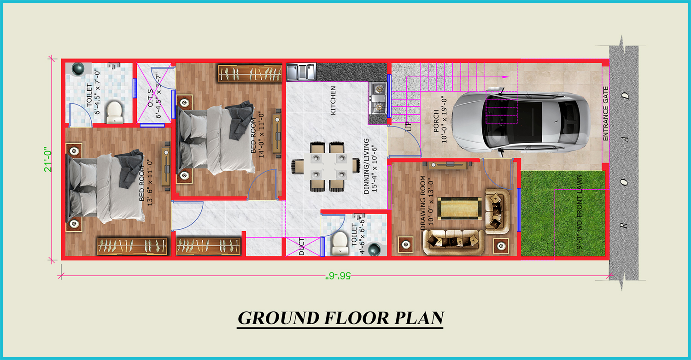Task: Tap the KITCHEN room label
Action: pyautogui.click(x=333, y=100)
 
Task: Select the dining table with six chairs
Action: pyautogui.click(x=325, y=167)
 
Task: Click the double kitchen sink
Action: pyautogui.click(x=301, y=72)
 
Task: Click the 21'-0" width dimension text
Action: pyautogui.click(x=48, y=159)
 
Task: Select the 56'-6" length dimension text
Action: pyautogui.click(x=338, y=276)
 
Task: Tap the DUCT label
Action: pyautogui.click(x=302, y=247)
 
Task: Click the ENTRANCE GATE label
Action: pyautogui.click(x=606, y=114)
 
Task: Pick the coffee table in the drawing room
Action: pyautogui.click(x=460, y=209)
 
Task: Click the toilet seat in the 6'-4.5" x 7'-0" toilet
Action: pyautogui.click(x=114, y=112)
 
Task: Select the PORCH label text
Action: pyautogui.click(x=436, y=121)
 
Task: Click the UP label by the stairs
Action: pyautogui.click(x=409, y=127)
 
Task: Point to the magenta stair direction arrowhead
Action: pyautogui.click(x=506, y=77)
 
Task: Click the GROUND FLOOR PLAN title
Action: pyautogui.click(x=340, y=318)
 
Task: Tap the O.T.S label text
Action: pyautogui.click(x=151, y=98)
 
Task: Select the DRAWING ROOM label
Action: pyautogui.click(x=423, y=203)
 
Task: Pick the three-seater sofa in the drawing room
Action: pyautogui.click(x=453, y=242)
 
